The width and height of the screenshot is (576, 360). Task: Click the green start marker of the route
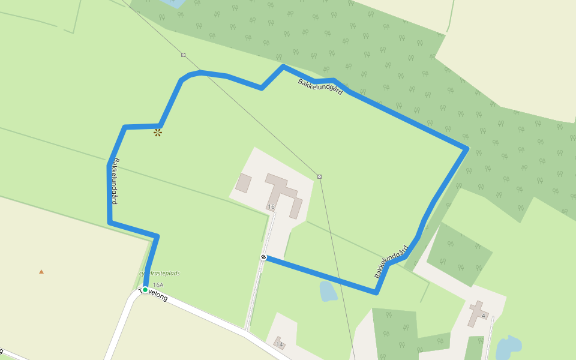click(x=145, y=290)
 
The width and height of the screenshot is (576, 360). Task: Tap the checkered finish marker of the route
click(x=263, y=257)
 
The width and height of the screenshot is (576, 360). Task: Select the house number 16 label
click(x=271, y=207)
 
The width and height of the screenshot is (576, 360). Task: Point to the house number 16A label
click(x=158, y=285)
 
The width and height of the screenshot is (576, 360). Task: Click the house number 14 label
click(x=280, y=344)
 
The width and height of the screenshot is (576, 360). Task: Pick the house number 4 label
click(x=483, y=316)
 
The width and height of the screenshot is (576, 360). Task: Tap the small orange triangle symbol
click(x=41, y=271)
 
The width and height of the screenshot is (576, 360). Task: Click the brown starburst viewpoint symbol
click(x=158, y=133)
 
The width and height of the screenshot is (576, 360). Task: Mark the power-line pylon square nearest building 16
click(x=319, y=176)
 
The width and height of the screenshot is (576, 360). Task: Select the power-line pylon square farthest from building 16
click(x=183, y=55)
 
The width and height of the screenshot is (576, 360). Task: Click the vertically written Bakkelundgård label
click(x=113, y=181)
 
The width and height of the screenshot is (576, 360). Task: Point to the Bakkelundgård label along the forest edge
click(x=320, y=87)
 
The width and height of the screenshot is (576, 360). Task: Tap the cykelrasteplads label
click(x=160, y=274)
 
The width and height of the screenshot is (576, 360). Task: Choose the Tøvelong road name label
click(x=154, y=294)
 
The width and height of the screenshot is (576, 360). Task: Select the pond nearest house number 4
click(x=508, y=346)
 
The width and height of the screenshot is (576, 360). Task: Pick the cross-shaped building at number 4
click(x=478, y=313)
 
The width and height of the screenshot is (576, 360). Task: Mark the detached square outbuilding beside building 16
click(x=243, y=183)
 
